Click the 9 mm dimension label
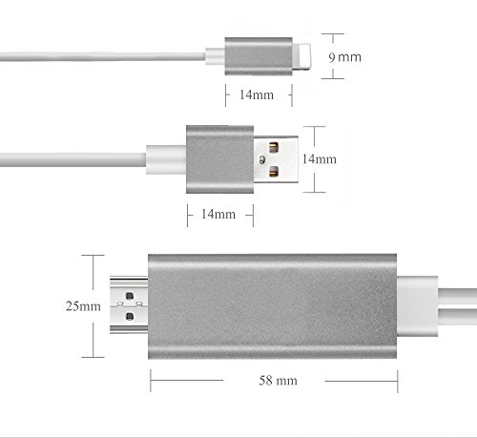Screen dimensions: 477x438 tap(344, 57)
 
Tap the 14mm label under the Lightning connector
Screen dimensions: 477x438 tap(257, 94)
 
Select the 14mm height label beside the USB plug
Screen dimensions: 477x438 tap(319, 159)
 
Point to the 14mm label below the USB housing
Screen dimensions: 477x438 tap(218, 214)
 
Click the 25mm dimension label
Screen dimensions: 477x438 tap(83, 306)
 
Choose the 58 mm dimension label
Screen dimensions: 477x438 tap(279, 381)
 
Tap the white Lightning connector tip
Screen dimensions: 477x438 tap(301, 56)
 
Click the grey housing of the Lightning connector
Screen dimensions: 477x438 tap(259, 56)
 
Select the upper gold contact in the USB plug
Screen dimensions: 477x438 tap(274, 148)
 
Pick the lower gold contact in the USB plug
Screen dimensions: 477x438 tap(274, 171)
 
